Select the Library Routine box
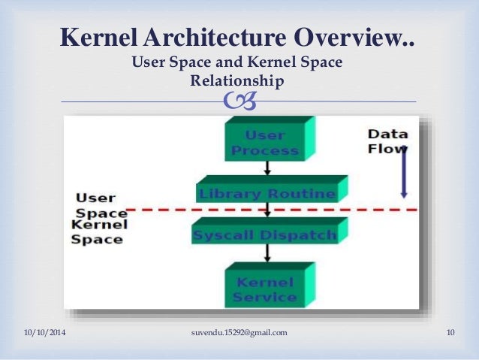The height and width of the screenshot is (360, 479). tap(267, 193)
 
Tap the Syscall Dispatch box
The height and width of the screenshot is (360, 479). tap(265, 234)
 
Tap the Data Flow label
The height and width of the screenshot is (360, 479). tap(387, 141)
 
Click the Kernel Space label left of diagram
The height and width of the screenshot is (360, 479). tap(96, 232)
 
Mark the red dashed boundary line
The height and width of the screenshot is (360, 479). tap(165, 210)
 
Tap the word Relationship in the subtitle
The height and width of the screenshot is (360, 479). tap(236, 80)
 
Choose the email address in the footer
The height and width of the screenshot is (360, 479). tap(239, 332)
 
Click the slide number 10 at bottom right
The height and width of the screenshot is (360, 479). tap(451, 332)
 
